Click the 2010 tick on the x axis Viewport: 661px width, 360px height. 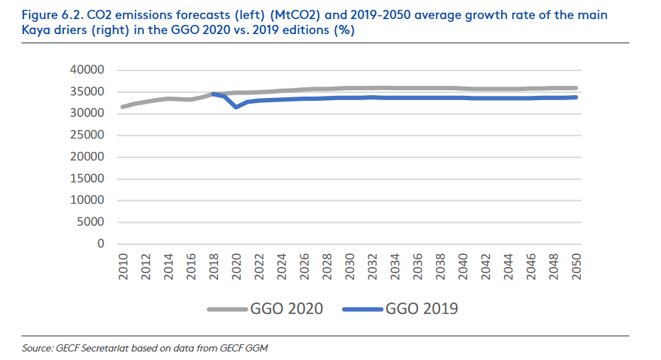pyautogui.click(x=123, y=268)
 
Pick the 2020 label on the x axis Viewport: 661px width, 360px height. pyautogui.click(x=236, y=268)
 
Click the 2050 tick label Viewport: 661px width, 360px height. pyautogui.click(x=577, y=268)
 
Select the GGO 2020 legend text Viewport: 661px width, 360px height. pyautogui.click(x=287, y=309)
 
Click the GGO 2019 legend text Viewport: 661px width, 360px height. pyautogui.click(x=422, y=309)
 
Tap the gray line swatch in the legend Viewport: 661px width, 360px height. pyautogui.click(x=227, y=310)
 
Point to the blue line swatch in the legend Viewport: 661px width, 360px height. pyautogui.click(x=362, y=310)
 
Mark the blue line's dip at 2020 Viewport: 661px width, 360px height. pyautogui.click(x=236, y=107)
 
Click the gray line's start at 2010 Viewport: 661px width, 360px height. pyautogui.click(x=123, y=107)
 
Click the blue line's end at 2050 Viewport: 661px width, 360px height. pyautogui.click(x=577, y=97)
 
